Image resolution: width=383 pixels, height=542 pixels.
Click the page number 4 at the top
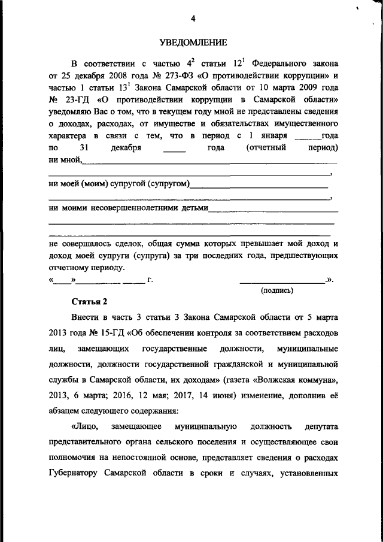(x=193, y=18)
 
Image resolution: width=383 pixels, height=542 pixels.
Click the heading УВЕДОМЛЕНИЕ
(x=193, y=42)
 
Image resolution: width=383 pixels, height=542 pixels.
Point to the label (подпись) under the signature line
(x=276, y=290)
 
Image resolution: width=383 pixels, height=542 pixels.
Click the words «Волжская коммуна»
(x=301, y=380)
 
